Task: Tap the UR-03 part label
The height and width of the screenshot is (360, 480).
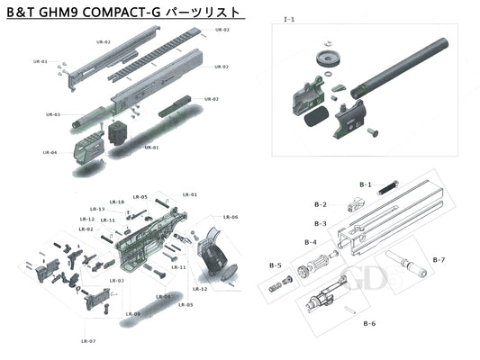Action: click(x=52, y=114)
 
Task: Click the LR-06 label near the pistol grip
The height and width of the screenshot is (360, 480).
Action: click(x=230, y=217)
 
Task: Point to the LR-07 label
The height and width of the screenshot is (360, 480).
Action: click(x=87, y=341)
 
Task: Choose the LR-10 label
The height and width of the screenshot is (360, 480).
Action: click(x=116, y=202)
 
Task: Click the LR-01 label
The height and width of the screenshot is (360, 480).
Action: click(x=190, y=194)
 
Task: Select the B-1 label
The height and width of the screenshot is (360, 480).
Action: click(x=366, y=184)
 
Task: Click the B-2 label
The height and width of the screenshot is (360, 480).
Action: click(x=320, y=204)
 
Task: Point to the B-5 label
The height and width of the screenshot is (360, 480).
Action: click(x=276, y=265)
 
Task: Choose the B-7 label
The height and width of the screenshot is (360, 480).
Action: click(x=439, y=260)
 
